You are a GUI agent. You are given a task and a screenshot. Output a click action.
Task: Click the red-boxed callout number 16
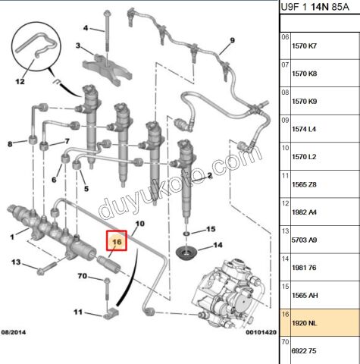(x=117, y=242)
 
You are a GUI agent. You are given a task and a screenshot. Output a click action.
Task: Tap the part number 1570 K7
(x=304, y=46)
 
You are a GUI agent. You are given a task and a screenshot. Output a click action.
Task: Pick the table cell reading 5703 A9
(x=304, y=240)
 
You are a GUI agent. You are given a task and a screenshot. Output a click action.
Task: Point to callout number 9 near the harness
(x=232, y=40)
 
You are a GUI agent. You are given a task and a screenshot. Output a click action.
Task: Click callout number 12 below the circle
(x=20, y=82)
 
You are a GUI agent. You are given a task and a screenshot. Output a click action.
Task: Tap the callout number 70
(x=83, y=276)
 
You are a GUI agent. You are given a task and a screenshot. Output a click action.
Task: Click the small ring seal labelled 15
(x=186, y=233)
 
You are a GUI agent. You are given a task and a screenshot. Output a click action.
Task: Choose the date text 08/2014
(x=14, y=332)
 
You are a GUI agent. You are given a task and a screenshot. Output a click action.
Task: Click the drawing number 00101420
(x=261, y=332)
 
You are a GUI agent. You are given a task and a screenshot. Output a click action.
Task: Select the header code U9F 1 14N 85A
(x=315, y=7)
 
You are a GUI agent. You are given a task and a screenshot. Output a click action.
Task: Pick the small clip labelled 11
(x=111, y=313)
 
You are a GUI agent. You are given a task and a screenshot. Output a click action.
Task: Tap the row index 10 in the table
(x=285, y=148)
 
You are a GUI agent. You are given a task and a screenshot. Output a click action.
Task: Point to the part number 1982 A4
(x=304, y=212)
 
